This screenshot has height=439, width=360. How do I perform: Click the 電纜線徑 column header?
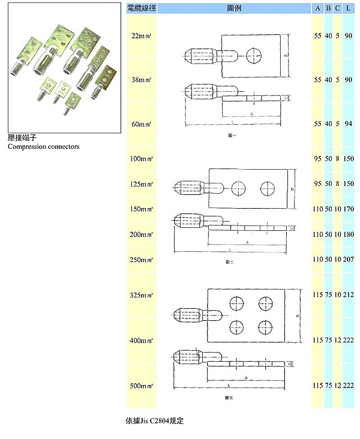[x=142, y=8]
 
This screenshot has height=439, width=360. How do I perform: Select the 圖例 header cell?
[x=234, y=8]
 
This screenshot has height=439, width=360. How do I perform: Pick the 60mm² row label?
[x=142, y=124]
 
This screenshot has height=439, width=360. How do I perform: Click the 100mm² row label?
[x=142, y=159]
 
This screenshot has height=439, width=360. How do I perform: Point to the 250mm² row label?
[x=142, y=260]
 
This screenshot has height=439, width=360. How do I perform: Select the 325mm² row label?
[x=142, y=294]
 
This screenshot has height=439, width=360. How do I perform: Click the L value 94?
[x=349, y=124]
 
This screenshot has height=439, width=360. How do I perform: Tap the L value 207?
[x=349, y=260]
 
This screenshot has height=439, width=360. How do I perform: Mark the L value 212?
[x=349, y=294]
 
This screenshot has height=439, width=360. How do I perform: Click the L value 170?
[x=349, y=209]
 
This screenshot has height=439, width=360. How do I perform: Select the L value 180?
[x=349, y=234]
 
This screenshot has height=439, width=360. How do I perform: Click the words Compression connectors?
[x=44, y=146]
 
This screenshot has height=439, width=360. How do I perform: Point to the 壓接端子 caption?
[x=23, y=138]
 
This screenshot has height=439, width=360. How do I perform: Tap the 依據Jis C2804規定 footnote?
[x=154, y=421]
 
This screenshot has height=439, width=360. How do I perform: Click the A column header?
[x=317, y=8]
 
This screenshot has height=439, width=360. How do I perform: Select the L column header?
[x=349, y=8]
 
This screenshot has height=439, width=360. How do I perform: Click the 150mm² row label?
[x=142, y=209]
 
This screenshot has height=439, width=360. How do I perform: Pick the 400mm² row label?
[x=142, y=340]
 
